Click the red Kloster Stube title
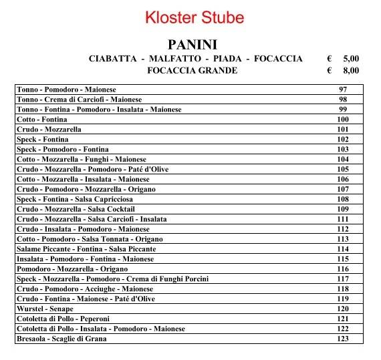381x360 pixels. tap(195, 17)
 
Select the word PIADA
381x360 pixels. tap(227, 59)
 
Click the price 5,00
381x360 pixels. tap(350, 59)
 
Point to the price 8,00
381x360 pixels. tap(350, 70)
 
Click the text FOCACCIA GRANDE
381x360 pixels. tap(192, 70)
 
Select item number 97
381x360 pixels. tap(343, 89)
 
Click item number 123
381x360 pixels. tap(343, 339)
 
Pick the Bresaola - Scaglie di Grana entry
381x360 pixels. tap(61, 339)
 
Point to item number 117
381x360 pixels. tap(343, 279)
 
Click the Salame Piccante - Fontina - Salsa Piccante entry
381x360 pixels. tap(86, 249)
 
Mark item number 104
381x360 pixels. tap(343, 160)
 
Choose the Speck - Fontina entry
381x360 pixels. tap(42, 140)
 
